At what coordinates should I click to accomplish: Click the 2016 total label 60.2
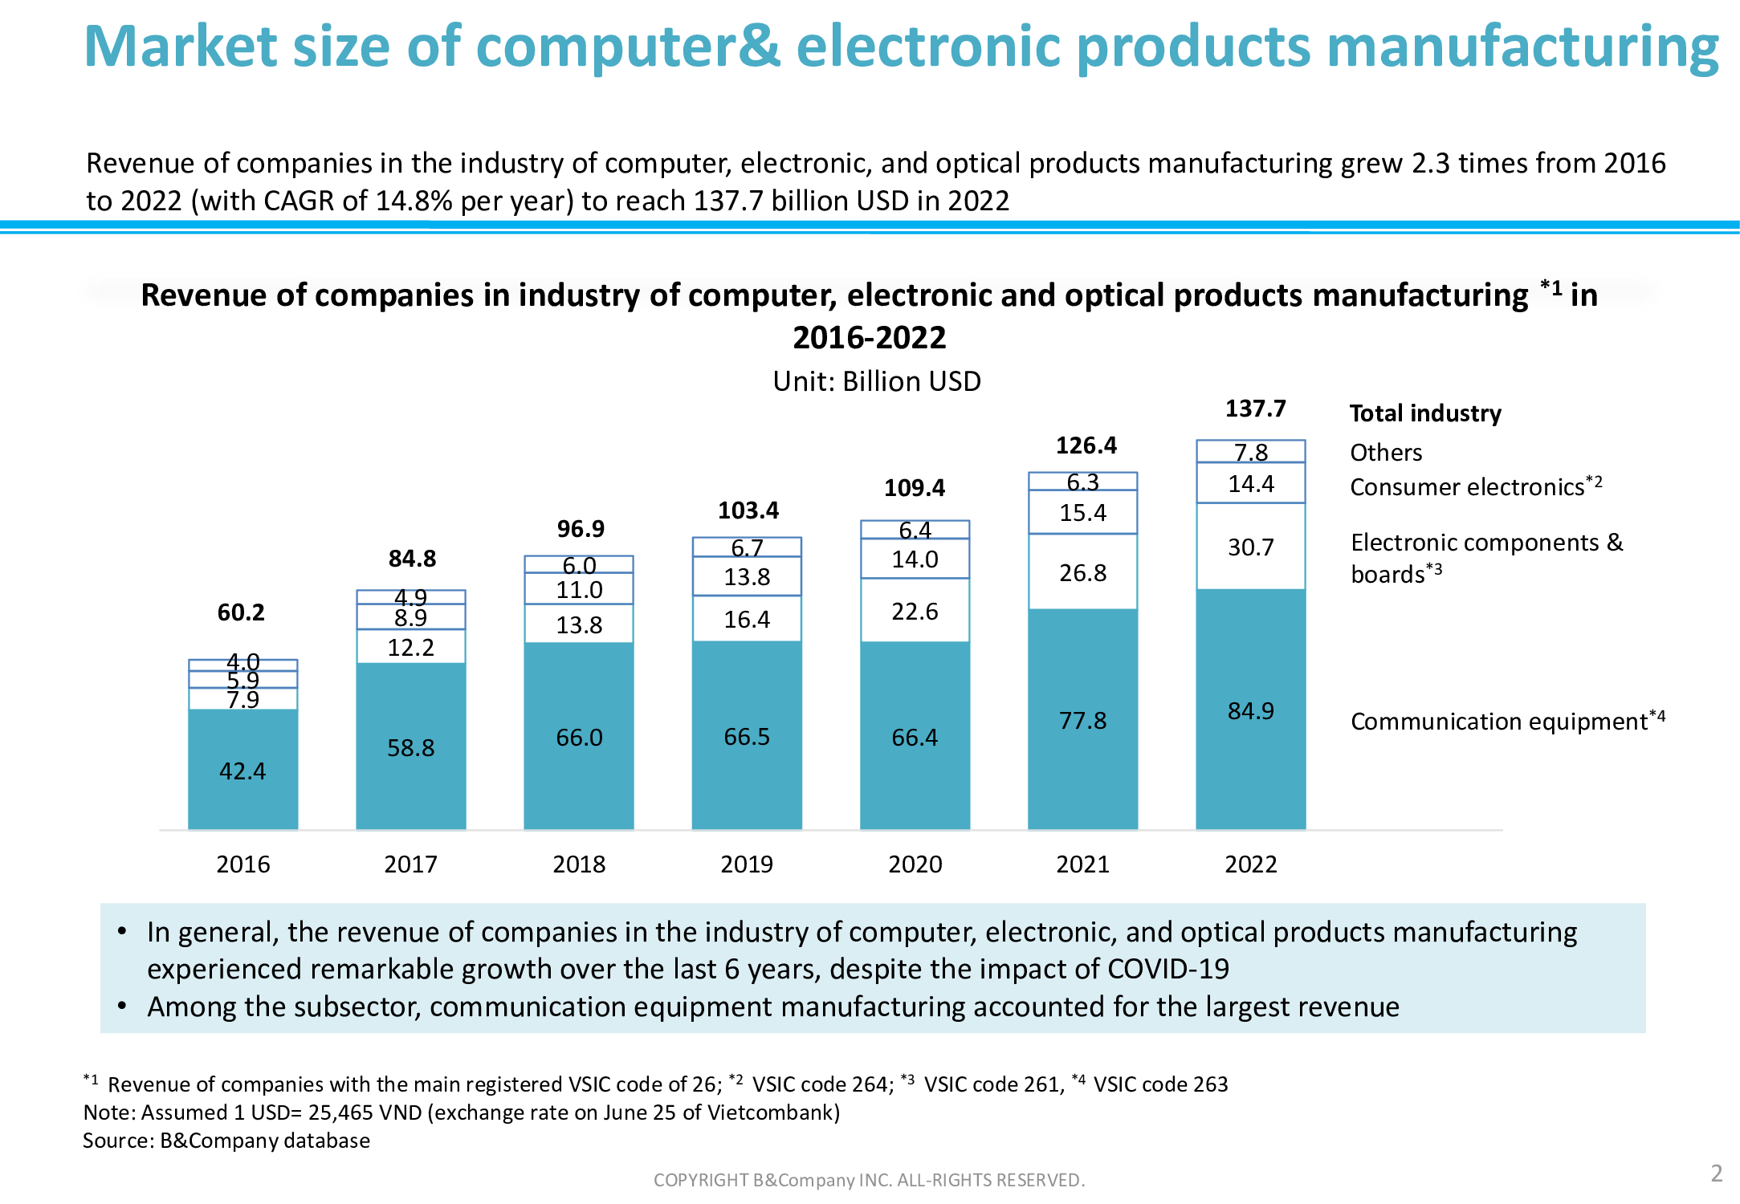click(x=241, y=612)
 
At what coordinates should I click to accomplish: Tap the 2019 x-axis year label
click(x=747, y=864)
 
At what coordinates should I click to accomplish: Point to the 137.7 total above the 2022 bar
click(x=1255, y=409)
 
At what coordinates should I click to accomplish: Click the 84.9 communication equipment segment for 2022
click(x=1250, y=711)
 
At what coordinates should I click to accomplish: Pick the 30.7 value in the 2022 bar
click(x=1250, y=547)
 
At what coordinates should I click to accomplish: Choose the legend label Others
click(x=1386, y=453)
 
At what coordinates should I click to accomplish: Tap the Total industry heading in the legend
click(x=1425, y=413)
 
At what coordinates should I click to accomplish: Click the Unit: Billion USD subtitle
click(x=877, y=381)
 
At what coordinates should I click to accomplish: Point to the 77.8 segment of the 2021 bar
click(x=1082, y=721)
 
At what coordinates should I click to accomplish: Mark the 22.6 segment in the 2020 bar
click(x=915, y=612)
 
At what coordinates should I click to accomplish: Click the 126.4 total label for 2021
click(x=1086, y=445)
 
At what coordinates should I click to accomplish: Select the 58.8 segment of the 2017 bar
click(x=410, y=748)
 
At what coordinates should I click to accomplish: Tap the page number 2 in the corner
click(x=1717, y=1173)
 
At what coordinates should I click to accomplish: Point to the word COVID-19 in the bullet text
click(x=1168, y=970)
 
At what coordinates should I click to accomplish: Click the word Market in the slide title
click(x=180, y=47)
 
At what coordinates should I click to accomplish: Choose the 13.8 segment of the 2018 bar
click(x=579, y=625)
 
